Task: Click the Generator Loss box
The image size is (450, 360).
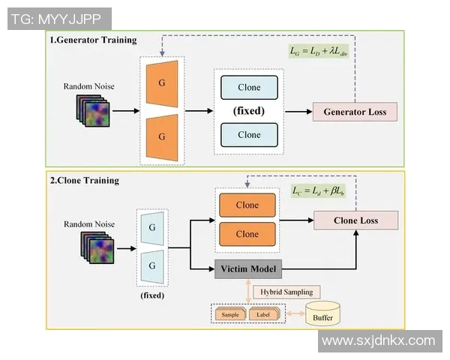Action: (x=355, y=112)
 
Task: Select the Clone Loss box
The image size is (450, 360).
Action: (x=355, y=220)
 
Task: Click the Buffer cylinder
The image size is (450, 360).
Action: (x=323, y=315)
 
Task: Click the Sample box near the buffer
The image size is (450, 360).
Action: (x=229, y=315)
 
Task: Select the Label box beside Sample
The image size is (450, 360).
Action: (x=264, y=315)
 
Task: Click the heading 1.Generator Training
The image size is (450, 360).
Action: (x=93, y=39)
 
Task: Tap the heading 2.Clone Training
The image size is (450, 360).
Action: (x=84, y=180)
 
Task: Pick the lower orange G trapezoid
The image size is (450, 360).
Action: (x=162, y=137)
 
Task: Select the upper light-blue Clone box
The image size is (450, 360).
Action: (x=249, y=88)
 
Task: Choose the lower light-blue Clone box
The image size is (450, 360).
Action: (x=249, y=134)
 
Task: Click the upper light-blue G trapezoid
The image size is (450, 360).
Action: (x=153, y=227)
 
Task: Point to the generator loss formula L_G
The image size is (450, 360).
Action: (x=319, y=51)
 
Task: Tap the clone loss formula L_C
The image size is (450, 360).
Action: (x=319, y=190)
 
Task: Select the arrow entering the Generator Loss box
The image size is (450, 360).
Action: (x=298, y=112)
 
